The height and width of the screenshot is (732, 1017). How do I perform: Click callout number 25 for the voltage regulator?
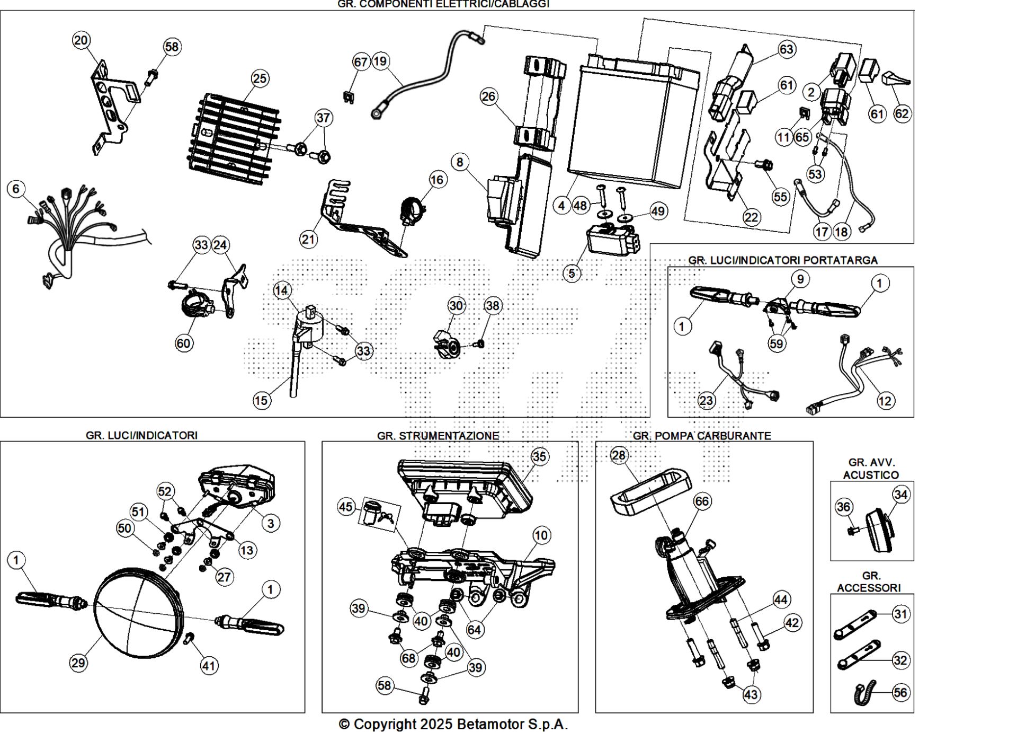[x=259, y=78]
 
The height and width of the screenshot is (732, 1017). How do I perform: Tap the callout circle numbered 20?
[x=81, y=40]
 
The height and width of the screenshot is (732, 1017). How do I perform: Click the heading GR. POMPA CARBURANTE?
[x=702, y=436]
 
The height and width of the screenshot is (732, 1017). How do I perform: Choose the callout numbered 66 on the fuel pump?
[x=702, y=501]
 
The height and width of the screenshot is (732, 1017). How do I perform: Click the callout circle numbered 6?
[x=16, y=189]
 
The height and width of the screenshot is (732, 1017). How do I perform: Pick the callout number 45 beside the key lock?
[x=345, y=507]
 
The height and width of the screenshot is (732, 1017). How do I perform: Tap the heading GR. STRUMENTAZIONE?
[x=438, y=436]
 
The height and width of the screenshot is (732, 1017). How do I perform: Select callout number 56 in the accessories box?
[x=900, y=692]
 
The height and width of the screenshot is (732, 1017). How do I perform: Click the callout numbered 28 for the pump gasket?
[x=618, y=455]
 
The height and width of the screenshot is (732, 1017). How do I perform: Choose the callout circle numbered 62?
[x=902, y=113]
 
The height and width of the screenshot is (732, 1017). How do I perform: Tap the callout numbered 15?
[x=261, y=400]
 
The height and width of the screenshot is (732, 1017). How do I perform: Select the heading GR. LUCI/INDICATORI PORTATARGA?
[x=783, y=260]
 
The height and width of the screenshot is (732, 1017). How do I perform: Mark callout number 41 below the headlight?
[x=209, y=666]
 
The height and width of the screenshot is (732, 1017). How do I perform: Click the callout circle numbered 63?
[x=786, y=49]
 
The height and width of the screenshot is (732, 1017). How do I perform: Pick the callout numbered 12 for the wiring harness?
[x=885, y=401]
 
